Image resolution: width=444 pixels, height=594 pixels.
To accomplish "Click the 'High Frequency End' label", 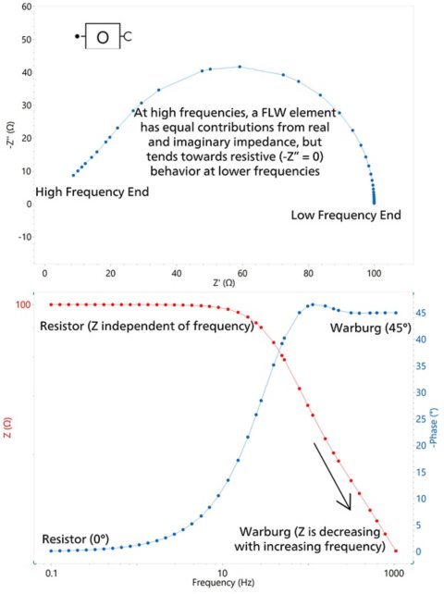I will (x=92, y=192).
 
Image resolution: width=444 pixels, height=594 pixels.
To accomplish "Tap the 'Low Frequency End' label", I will (x=346, y=216).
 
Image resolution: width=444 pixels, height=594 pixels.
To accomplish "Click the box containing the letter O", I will (x=102, y=37).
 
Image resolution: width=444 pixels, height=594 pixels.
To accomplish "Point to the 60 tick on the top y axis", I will (x=26, y=6).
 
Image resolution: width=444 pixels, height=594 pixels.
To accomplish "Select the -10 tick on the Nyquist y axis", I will (x=24, y=236).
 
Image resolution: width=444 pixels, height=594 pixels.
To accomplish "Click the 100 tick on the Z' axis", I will (x=374, y=274).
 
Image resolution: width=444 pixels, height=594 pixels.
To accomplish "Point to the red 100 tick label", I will (x=23, y=304).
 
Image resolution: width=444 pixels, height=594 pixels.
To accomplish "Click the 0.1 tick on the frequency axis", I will (x=51, y=574).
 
